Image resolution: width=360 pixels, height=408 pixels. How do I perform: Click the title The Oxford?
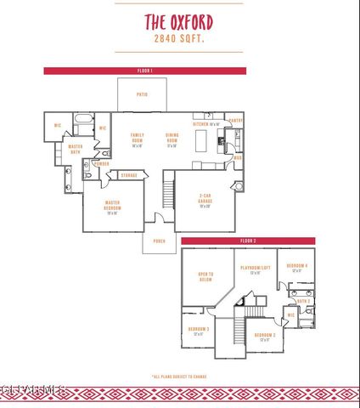pyautogui.click(x=179, y=21)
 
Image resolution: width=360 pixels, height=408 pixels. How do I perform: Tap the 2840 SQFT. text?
pyautogui.click(x=179, y=39)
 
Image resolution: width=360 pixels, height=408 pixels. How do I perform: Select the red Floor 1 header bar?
pyautogui.click(x=144, y=71)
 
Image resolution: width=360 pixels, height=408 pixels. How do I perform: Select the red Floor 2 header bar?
pyautogui.click(x=247, y=241)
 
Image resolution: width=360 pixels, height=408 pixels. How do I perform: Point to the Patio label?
pyautogui.click(x=142, y=94)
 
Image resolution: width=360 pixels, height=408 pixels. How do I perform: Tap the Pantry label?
pyautogui.click(x=235, y=121)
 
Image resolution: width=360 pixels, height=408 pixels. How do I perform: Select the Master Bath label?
pyautogui.click(x=64, y=150)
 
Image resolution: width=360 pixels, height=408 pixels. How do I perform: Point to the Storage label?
pyautogui.click(x=128, y=176)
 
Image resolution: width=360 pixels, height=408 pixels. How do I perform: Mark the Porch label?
pyautogui.click(x=159, y=241)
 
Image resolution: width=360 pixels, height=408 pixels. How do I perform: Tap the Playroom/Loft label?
pyautogui.click(x=254, y=269)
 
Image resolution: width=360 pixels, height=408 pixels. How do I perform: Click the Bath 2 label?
pyautogui.click(x=302, y=301)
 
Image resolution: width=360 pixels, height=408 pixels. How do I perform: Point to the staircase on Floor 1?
pyautogui.click(x=168, y=191)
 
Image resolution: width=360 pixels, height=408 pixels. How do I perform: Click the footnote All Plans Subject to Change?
pyautogui.click(x=179, y=376)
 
